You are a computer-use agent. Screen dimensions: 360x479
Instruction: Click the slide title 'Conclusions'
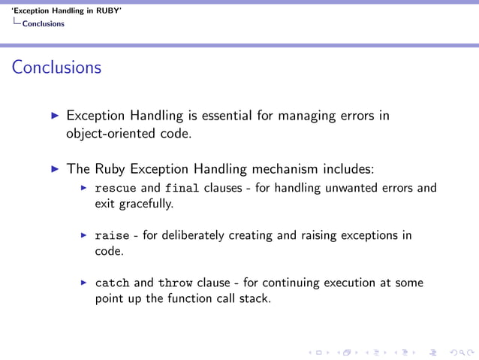click(56, 68)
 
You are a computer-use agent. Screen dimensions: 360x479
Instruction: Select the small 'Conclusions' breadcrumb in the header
click(43, 23)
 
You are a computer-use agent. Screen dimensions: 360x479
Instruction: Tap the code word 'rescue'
click(116, 188)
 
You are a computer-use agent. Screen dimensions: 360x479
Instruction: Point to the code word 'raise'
click(112, 235)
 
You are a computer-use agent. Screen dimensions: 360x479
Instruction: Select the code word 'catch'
click(112, 283)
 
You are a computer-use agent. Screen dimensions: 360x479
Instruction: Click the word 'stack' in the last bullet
click(254, 299)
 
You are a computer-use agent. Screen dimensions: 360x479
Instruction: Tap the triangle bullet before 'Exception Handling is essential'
click(54, 116)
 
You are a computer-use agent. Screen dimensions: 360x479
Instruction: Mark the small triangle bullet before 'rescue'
click(85, 188)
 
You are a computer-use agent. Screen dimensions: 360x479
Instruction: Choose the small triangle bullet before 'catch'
click(85, 283)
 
